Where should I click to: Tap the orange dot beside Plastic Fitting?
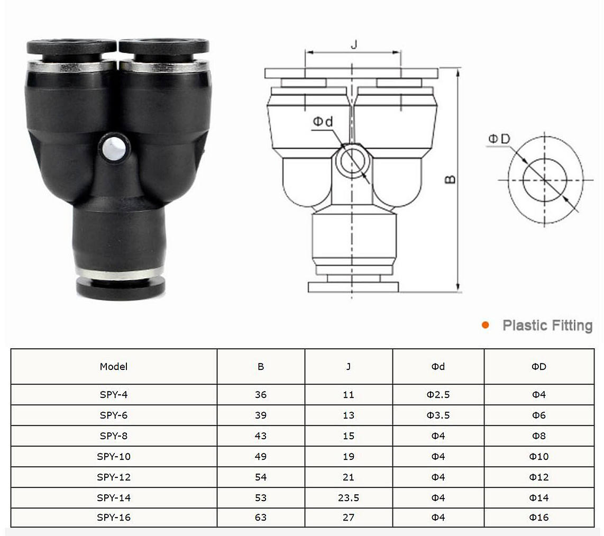486,325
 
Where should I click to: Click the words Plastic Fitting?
547,325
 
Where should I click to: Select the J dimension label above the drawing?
354,44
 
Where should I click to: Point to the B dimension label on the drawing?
450,179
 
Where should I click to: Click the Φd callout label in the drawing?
323,122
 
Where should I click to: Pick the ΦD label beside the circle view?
499,139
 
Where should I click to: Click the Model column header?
114,367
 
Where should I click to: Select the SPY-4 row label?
114,395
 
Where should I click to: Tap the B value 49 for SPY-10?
261,456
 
